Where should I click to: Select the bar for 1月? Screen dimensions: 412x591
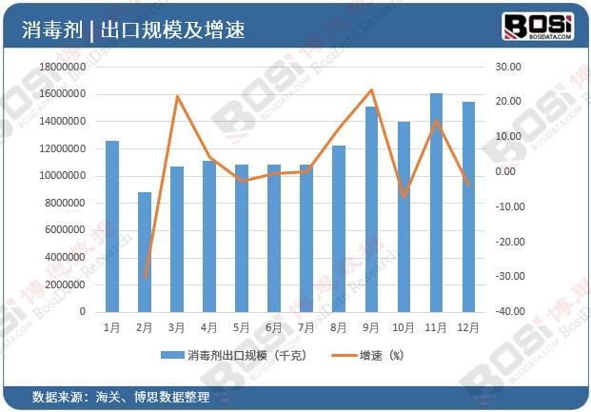(x=112, y=226)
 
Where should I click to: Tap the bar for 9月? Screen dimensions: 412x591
(x=372, y=209)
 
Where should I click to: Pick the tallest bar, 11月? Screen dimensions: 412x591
(x=437, y=203)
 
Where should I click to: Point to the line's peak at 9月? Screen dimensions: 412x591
(x=371, y=89)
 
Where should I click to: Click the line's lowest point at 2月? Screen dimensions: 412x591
(x=145, y=277)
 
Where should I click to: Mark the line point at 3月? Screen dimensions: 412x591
(x=177, y=96)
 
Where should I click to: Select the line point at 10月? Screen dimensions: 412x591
(x=404, y=196)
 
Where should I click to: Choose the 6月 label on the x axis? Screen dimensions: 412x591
(x=274, y=326)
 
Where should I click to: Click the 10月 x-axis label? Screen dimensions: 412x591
(x=404, y=326)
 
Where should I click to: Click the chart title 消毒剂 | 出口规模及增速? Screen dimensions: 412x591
(x=133, y=29)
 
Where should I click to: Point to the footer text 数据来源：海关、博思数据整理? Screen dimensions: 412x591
(x=120, y=396)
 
